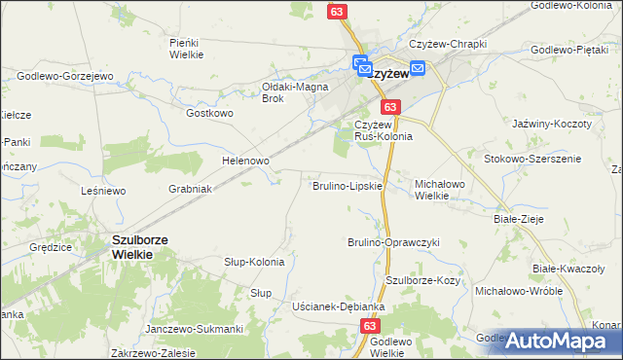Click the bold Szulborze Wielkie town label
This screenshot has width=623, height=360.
coord(131,246)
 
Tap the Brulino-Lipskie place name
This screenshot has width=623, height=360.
coord(347,185)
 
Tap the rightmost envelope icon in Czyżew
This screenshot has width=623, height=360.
coord(418,68)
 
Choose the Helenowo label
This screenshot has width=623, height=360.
coord(245,160)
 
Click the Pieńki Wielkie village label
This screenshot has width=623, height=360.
coord(185,48)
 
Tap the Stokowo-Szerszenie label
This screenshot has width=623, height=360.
coord(532,158)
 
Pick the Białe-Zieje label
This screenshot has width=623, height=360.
coord(518,220)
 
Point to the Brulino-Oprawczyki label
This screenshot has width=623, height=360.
coord(394,242)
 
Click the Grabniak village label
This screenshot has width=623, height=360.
coord(191,188)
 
